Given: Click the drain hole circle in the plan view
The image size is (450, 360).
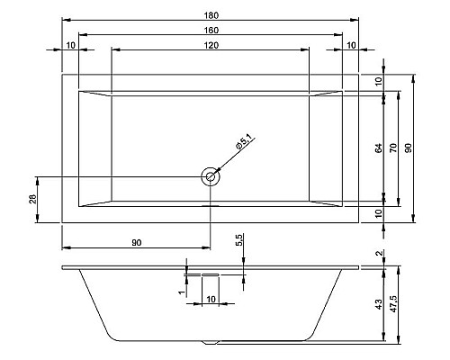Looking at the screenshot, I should [x=211, y=176].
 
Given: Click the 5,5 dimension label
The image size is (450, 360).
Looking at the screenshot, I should [x=238, y=243].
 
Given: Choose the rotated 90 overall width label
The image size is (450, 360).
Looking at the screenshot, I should [x=408, y=147].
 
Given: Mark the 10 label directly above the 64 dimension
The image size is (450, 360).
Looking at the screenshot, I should [x=379, y=81].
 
